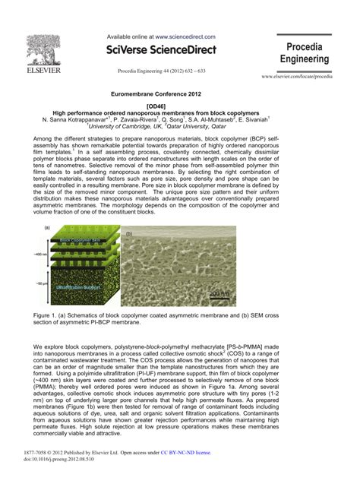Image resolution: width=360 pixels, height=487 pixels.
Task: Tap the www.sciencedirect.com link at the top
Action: click(185, 36)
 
